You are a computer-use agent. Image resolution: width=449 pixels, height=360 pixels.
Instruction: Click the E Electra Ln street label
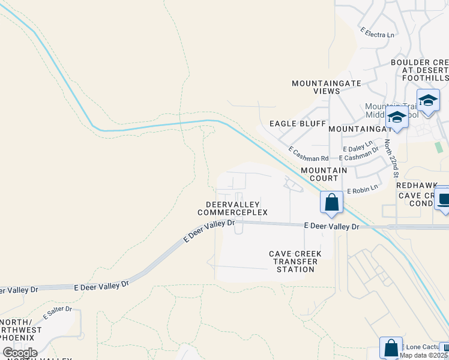(377, 32)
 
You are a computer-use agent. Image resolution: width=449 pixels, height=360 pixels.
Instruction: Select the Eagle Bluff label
(297, 124)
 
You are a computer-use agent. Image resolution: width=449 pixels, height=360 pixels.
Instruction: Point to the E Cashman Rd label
(308, 154)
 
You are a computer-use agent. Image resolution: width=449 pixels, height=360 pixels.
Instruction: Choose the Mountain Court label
(324, 174)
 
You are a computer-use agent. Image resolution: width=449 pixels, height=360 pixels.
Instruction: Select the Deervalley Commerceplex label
(232, 208)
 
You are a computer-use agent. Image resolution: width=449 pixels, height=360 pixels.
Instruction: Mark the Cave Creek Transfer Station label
(295, 262)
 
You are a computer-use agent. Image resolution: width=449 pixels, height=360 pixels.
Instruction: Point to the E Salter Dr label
(57, 313)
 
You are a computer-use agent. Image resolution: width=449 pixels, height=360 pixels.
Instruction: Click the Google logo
(20, 353)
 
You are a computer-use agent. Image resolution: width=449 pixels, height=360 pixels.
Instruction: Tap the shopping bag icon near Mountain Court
(331, 202)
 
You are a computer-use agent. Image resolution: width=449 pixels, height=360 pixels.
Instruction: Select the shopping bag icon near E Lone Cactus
(390, 347)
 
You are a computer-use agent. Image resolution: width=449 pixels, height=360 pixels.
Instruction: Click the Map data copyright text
(424, 355)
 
